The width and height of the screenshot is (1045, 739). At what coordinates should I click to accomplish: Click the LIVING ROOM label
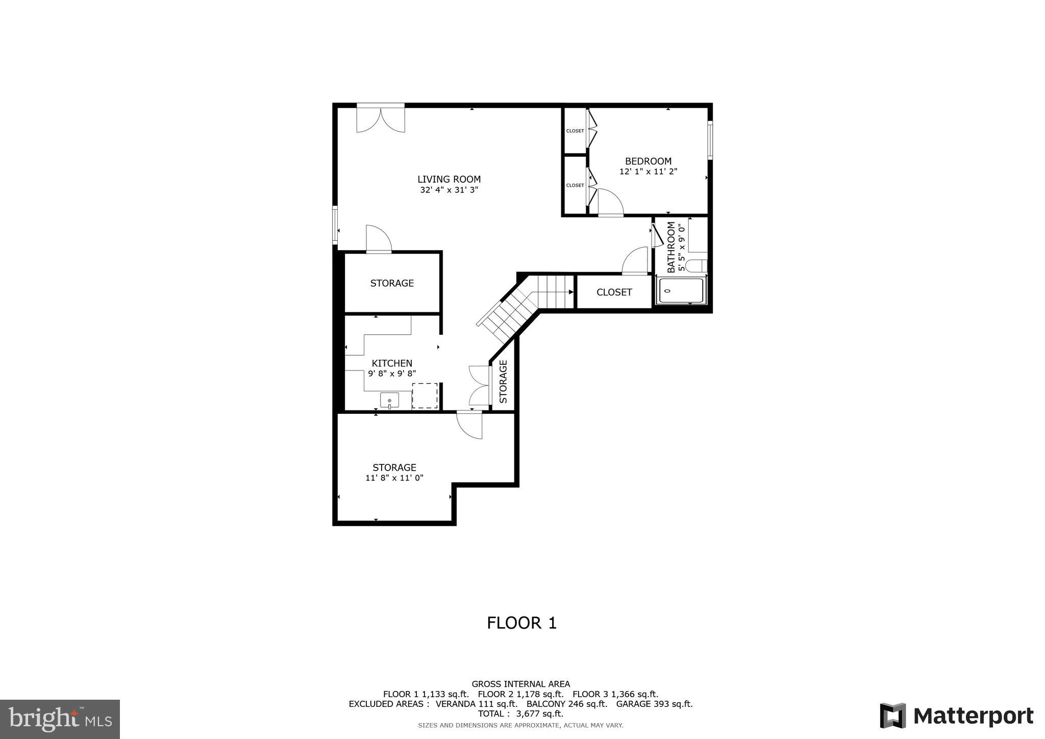click(x=449, y=179)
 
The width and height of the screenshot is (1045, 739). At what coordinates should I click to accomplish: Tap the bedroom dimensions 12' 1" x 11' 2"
click(x=648, y=172)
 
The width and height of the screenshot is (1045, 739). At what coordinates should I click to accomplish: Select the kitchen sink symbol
click(x=389, y=401)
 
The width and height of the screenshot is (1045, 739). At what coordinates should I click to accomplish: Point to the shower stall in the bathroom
click(x=681, y=291)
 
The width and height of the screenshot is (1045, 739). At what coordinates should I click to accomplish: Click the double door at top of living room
click(x=381, y=118)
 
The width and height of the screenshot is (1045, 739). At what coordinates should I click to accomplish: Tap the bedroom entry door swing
click(x=610, y=203)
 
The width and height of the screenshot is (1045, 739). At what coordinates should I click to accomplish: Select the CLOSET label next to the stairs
click(x=614, y=292)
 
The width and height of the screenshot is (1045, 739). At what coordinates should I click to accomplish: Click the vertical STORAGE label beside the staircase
click(x=503, y=382)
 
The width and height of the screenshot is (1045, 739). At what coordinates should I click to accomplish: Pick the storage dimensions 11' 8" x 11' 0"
click(x=394, y=478)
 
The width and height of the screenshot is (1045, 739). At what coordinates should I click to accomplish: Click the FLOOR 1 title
click(x=521, y=623)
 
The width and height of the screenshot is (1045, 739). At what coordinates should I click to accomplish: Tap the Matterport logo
click(x=956, y=716)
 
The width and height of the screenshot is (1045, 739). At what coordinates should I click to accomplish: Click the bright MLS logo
click(x=60, y=719)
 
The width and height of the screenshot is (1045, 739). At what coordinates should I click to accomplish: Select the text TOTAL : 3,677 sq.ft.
click(x=520, y=713)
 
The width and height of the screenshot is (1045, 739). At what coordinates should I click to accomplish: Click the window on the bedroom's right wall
click(x=709, y=140)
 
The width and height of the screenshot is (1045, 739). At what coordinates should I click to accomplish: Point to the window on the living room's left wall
click(x=335, y=225)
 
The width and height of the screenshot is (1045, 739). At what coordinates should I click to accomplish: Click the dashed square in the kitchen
click(x=425, y=396)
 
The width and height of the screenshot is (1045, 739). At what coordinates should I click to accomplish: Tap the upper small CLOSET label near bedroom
click(x=575, y=131)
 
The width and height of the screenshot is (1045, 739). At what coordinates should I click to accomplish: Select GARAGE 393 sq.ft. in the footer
click(x=654, y=704)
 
